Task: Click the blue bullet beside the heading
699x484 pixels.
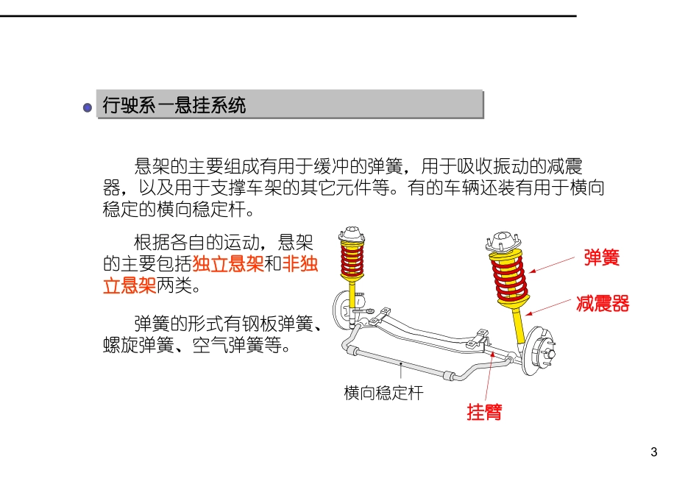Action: pyautogui.click(x=88, y=107)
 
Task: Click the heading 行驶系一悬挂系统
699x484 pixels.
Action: pyautogui.click(x=174, y=105)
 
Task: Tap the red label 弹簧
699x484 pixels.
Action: pyautogui.click(x=601, y=257)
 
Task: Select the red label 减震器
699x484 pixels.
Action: pyautogui.click(x=603, y=304)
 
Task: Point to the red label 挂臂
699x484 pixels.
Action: pyautogui.click(x=484, y=412)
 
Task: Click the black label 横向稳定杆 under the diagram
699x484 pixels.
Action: pyautogui.click(x=383, y=393)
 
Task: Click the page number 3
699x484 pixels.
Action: pyautogui.click(x=654, y=452)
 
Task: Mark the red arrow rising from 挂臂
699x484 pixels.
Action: pyautogui.click(x=489, y=376)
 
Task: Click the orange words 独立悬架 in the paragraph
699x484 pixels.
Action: pyautogui.click(x=228, y=265)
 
